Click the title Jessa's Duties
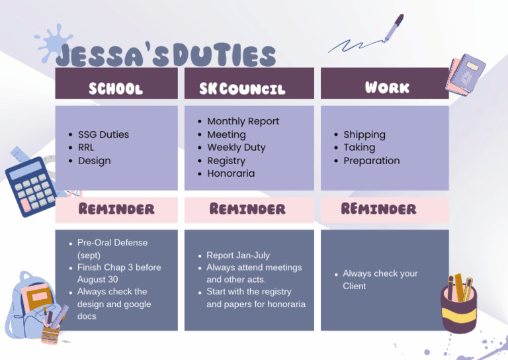click(x=165, y=56)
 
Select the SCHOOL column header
click(x=116, y=88)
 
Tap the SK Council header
click(x=242, y=88)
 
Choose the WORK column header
click(x=387, y=87)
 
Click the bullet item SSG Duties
click(x=103, y=134)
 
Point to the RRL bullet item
click(x=87, y=148)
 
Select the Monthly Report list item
click(x=243, y=121)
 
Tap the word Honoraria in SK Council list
click(x=231, y=173)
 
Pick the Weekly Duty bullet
click(x=236, y=148)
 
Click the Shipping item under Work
click(x=364, y=134)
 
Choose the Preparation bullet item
click(x=371, y=161)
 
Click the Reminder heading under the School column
click(x=116, y=209)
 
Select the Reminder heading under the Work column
click(x=378, y=209)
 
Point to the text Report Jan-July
click(x=238, y=255)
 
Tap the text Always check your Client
click(x=380, y=279)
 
